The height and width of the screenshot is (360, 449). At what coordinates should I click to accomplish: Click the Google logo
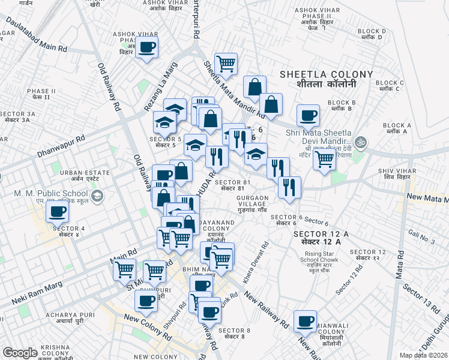pyautogui.click(x=20, y=353)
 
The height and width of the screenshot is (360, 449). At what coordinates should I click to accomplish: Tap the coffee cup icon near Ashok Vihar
pyautogui.click(x=146, y=47)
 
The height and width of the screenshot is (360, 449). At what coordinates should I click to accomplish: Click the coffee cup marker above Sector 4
pyautogui.click(x=58, y=212)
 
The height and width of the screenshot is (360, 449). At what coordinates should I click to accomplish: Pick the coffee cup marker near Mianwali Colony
pyautogui.click(x=305, y=321)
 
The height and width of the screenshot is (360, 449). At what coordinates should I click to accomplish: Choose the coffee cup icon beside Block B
pyautogui.click(x=308, y=115)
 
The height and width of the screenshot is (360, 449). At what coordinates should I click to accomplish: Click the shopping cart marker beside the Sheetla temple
pyautogui.click(x=324, y=159)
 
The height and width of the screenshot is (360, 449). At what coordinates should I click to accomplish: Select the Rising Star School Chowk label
pyautogui.click(x=319, y=262)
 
